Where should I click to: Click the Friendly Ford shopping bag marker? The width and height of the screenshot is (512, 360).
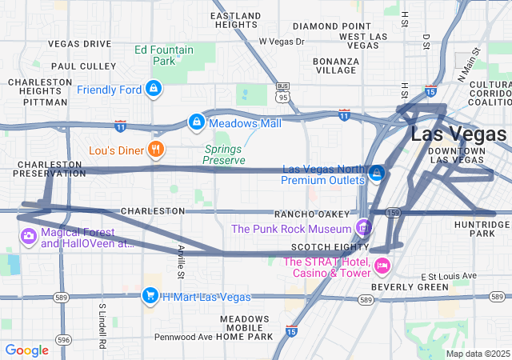(153, 89)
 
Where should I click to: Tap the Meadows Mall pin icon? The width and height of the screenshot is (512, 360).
(195, 122)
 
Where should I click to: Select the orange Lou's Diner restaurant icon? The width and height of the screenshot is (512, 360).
(156, 148)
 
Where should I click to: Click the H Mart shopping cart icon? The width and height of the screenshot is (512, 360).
(150, 296)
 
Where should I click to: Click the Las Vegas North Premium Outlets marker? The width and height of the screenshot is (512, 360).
(377, 172)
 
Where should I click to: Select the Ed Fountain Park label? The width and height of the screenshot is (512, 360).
(164, 55)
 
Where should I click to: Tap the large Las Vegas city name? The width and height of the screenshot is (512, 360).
(458, 134)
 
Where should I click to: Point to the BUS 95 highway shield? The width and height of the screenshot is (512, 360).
(282, 91)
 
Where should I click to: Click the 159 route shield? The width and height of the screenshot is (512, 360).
(392, 214)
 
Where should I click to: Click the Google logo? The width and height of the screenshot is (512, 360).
(27, 350)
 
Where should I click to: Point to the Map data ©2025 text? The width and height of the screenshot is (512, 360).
(477, 354)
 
